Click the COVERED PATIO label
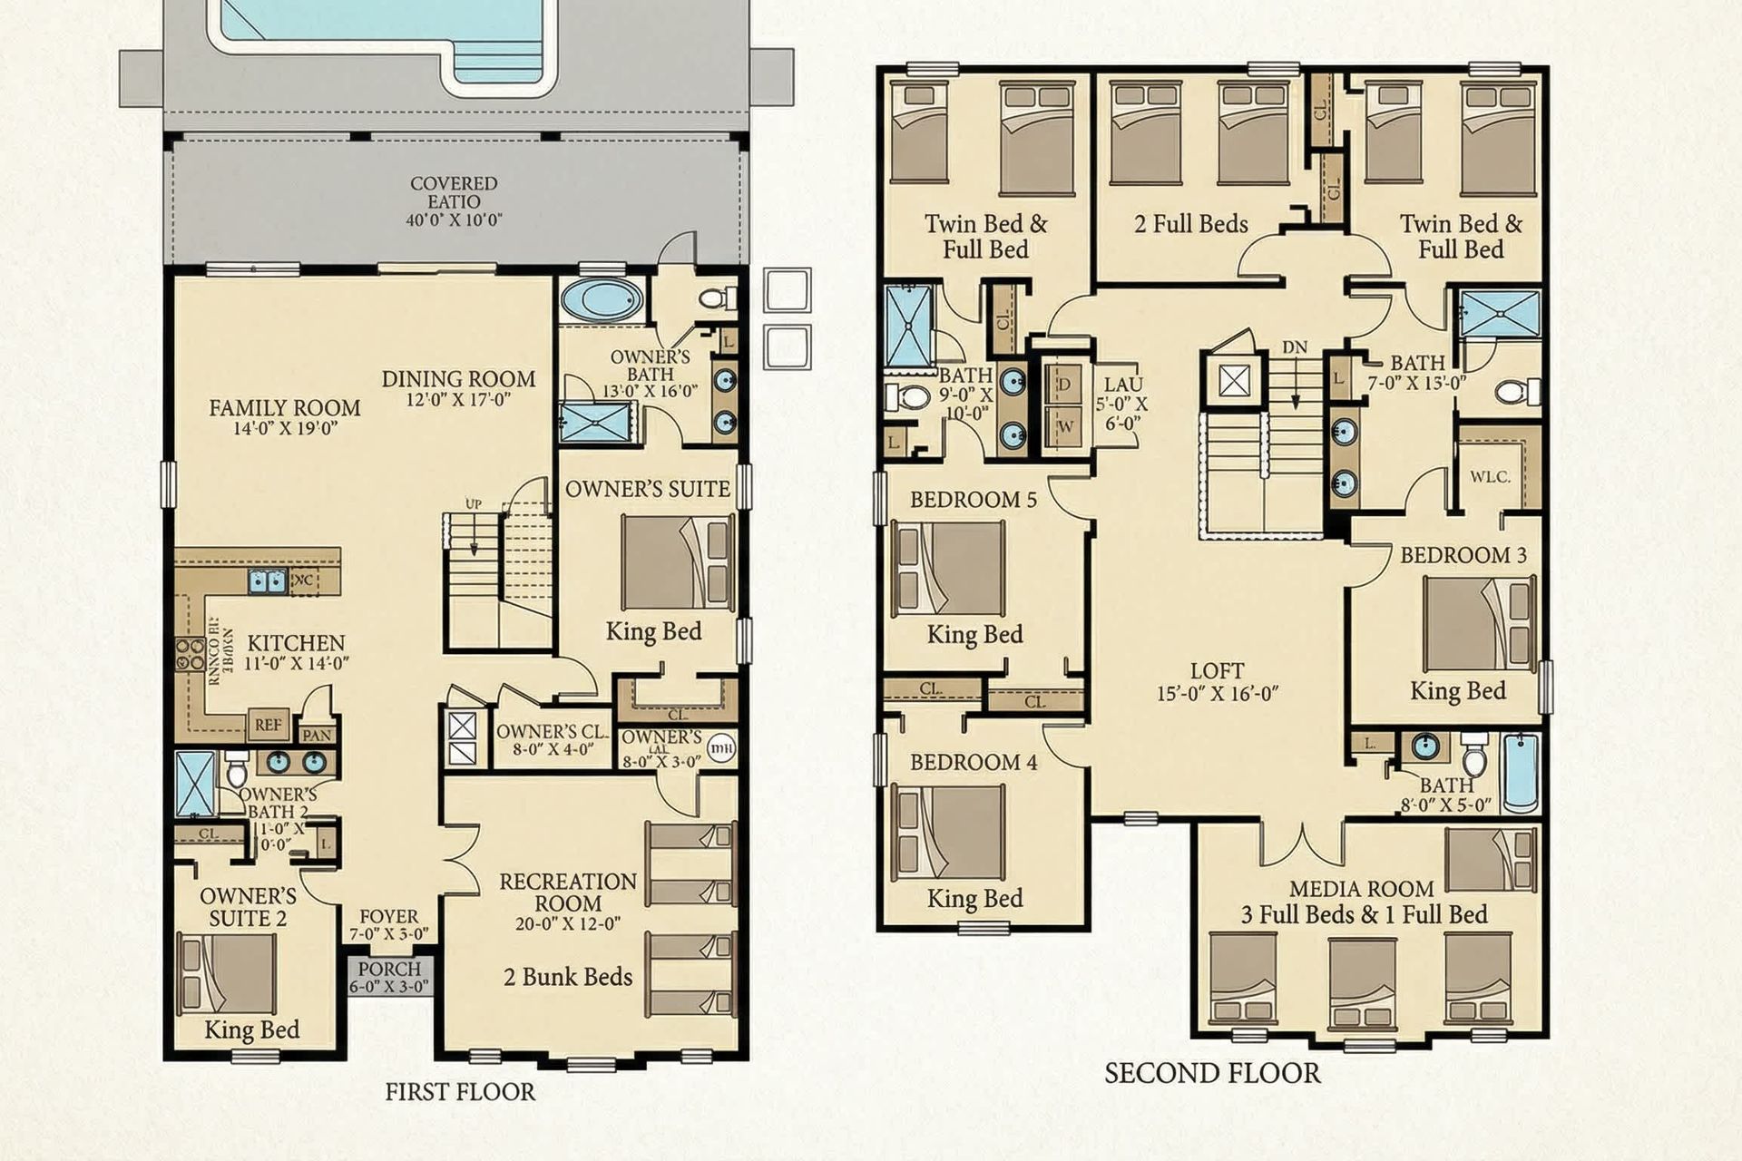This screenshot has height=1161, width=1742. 454,192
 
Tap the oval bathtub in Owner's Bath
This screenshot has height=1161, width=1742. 601,300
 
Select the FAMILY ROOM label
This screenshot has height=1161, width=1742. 285,408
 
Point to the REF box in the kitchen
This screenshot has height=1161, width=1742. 269,725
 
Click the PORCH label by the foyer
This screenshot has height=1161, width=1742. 389,969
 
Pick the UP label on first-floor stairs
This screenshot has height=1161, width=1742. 474,504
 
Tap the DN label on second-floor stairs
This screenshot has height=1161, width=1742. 1295,347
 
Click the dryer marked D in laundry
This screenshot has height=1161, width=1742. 1065,385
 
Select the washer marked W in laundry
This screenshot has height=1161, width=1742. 1065,426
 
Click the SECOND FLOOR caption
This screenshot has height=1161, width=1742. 1212,1074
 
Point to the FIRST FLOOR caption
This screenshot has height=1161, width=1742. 460,1092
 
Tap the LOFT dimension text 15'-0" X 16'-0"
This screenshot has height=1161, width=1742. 1217,694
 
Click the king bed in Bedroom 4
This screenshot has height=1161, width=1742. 949,833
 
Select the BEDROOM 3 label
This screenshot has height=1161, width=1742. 1463,555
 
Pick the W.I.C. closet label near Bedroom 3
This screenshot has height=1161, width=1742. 1490,476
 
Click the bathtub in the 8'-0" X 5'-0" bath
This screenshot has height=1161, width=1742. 1522,773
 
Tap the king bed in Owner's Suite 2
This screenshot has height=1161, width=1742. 227,973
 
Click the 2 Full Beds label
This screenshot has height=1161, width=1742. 1190,224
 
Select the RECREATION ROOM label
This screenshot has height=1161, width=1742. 568,893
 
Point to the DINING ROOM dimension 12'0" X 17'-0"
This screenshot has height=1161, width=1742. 458,399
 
